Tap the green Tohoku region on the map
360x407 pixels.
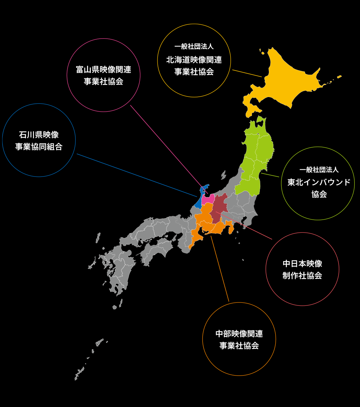[x=255, y=161]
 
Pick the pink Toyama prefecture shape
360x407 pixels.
[x=207, y=199]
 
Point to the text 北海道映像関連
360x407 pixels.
[x=194, y=60]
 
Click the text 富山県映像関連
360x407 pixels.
[x=103, y=69]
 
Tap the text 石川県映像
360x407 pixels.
[x=39, y=135]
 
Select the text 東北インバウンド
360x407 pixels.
[x=319, y=182]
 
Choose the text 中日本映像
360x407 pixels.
[x=302, y=263]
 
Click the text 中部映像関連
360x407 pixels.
[x=239, y=333]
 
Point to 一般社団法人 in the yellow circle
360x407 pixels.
[x=194, y=47]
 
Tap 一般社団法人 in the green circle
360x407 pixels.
[x=319, y=170]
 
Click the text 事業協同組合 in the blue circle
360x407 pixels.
[x=39, y=147]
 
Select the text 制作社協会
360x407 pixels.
[x=302, y=275]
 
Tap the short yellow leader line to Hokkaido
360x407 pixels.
[x=246, y=73]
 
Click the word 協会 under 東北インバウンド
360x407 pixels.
[x=319, y=195]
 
